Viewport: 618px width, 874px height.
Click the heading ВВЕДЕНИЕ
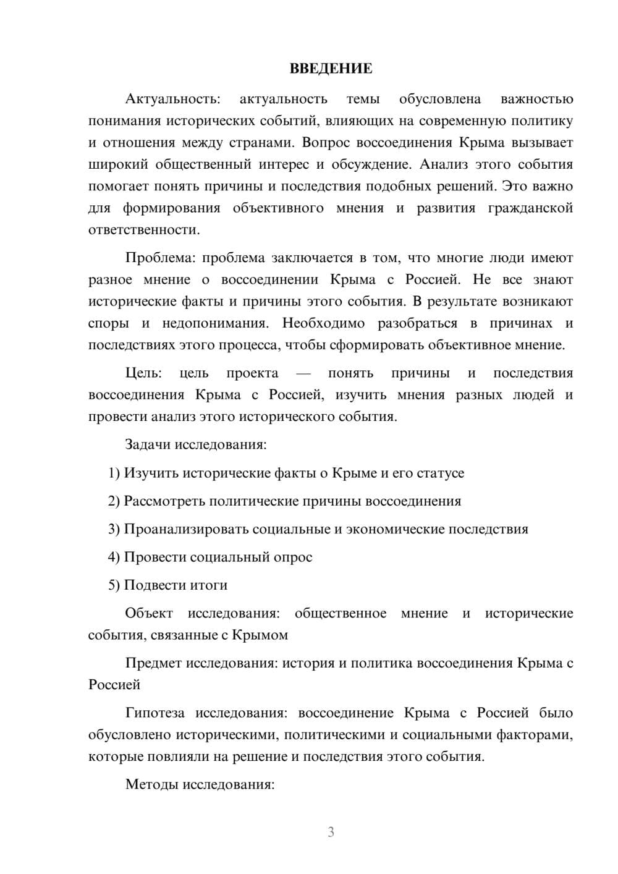coord(331,69)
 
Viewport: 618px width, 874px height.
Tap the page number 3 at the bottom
coord(331,832)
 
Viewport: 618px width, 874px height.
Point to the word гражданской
coord(530,208)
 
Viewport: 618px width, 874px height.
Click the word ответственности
coord(143,230)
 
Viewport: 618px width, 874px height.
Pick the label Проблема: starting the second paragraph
coord(160,258)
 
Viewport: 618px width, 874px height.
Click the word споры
coord(108,323)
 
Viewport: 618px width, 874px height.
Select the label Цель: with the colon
coord(143,373)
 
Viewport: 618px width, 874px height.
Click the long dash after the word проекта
coord(303,373)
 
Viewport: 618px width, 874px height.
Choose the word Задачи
coord(148,444)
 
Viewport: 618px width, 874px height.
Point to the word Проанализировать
coord(186,529)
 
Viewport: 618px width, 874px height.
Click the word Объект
coord(149,613)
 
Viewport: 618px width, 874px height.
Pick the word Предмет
coord(153,663)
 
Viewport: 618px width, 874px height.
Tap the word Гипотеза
coord(154,713)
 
